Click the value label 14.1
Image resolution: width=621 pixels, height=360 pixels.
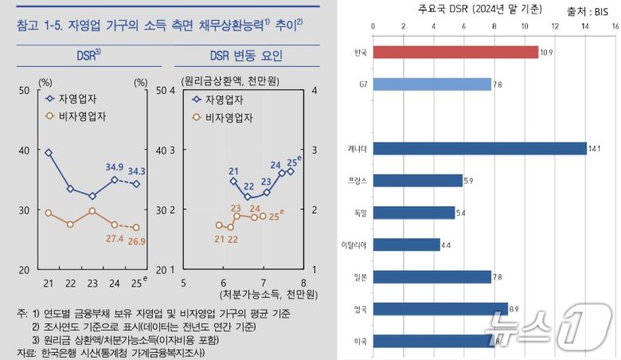point(594,148)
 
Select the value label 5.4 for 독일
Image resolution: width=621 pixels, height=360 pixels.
point(463,213)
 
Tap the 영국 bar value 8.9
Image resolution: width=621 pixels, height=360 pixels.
point(515,309)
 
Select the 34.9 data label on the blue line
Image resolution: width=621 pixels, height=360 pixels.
point(115,167)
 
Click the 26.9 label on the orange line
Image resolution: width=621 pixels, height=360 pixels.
point(136,241)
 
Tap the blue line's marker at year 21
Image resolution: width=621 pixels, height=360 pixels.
point(49,152)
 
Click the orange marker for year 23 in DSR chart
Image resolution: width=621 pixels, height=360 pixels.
point(92,211)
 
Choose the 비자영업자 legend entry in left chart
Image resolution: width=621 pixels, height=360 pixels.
point(81,116)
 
